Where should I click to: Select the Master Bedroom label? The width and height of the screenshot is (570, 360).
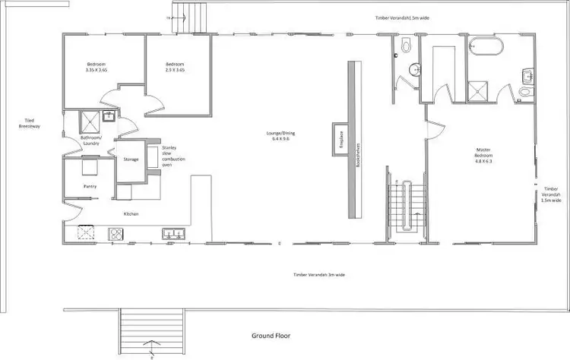[484, 156]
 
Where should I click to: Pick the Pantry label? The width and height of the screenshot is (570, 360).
[90, 185]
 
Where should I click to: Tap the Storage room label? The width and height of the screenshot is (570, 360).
[131, 159]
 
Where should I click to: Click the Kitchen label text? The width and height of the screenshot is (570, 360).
[131, 214]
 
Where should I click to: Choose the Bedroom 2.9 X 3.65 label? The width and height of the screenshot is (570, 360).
[176, 67]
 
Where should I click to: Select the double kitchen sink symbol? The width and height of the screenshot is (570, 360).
[171, 233]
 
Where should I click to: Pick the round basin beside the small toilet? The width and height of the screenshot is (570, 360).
[414, 70]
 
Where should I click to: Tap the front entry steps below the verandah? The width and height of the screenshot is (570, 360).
[151, 327]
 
